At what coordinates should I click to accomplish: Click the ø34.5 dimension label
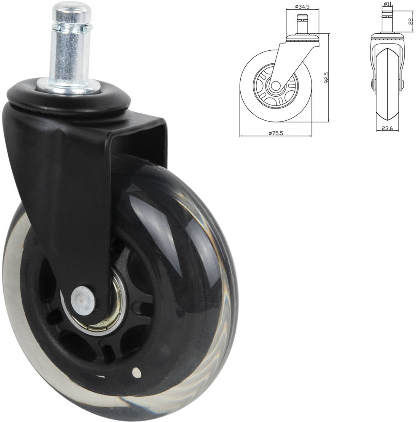click(x=302, y=7)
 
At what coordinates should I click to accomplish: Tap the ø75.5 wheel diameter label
click(x=276, y=133)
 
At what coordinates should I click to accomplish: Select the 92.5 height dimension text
click(x=326, y=77)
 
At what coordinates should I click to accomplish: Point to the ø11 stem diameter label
click(x=387, y=4)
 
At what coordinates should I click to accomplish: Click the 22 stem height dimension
click(x=411, y=22)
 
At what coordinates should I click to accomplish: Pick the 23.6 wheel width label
click(x=387, y=128)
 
